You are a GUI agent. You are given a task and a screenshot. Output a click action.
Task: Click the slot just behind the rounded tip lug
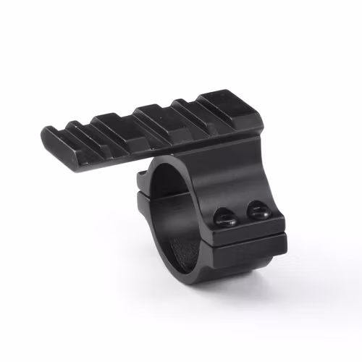tap(81, 133)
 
